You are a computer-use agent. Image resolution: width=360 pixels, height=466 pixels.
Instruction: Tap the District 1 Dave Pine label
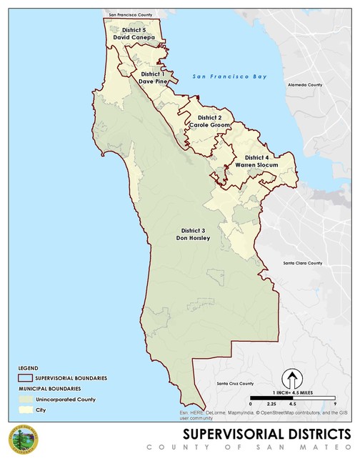pyautogui.click(x=152, y=77)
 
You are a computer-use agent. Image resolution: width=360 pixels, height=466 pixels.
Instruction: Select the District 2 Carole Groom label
pyautogui.click(x=209, y=121)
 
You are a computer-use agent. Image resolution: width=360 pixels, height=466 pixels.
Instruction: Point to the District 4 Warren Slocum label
pyautogui.click(x=256, y=161)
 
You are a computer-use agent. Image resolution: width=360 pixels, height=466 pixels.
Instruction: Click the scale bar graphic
pyautogui.click(x=292, y=397)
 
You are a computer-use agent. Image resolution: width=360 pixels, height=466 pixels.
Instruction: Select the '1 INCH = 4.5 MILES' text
pyautogui.click(x=292, y=391)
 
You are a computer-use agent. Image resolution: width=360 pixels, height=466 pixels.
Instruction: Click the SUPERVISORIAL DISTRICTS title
pyautogui.click(x=266, y=434)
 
